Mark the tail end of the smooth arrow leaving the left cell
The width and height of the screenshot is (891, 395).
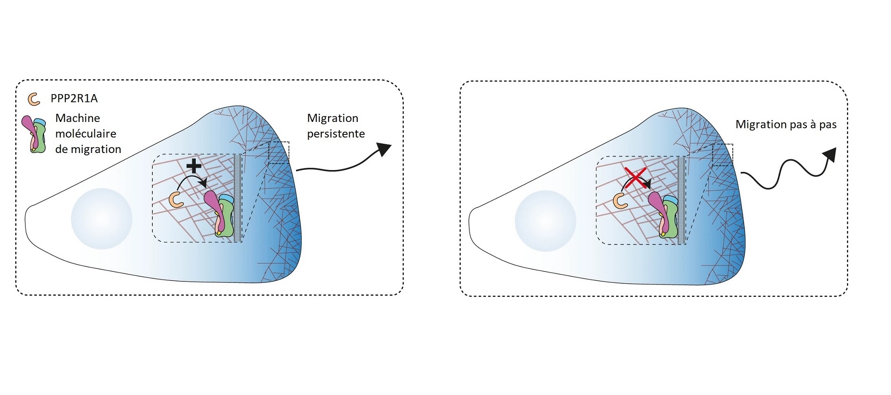click(x=297, y=170)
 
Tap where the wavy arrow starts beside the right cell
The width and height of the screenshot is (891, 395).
click(x=741, y=173)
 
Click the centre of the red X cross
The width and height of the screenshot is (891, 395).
click(x=636, y=178)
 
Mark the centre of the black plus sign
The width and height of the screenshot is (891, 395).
click(x=193, y=166)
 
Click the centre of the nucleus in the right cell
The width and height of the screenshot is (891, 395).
click(x=546, y=221)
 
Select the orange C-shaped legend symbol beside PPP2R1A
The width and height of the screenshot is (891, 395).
click(x=34, y=99)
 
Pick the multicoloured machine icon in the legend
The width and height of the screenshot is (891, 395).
click(x=35, y=134)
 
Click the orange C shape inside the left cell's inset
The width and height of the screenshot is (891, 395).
click(x=176, y=199)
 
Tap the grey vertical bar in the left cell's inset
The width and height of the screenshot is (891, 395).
click(x=237, y=198)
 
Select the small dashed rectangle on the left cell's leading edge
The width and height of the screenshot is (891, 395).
click(x=279, y=153)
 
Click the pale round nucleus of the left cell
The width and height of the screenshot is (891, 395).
click(x=102, y=219)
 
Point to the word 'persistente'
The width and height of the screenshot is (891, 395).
click(x=336, y=134)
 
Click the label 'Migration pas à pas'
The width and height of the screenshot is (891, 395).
click(x=786, y=125)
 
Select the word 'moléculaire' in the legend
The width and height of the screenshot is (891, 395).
click(x=86, y=134)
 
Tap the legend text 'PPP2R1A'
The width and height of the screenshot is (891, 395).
click(x=74, y=99)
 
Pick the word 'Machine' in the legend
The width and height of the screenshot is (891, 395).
click(x=78, y=118)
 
